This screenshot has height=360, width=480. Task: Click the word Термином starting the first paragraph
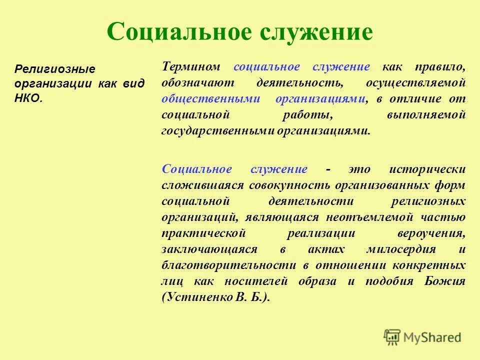pyautogui.click(x=192, y=67)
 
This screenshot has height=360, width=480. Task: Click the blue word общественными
pyautogui.click(x=211, y=99)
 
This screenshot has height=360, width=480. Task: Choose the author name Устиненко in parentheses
pyautogui.click(x=199, y=297)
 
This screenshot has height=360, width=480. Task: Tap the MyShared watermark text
pyautogui.click(x=432, y=338)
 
